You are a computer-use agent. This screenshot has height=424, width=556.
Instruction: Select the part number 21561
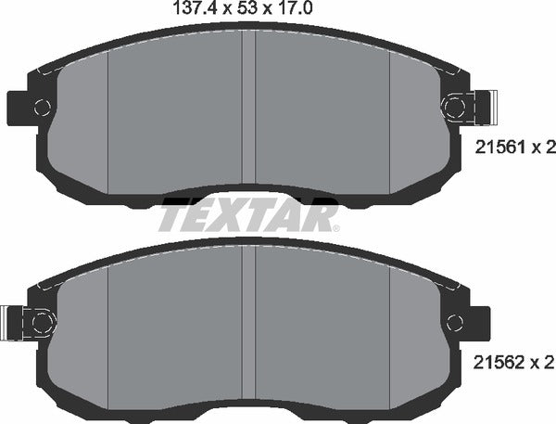click(494, 146)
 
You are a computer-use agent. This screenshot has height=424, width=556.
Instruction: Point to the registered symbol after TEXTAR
click(335, 227)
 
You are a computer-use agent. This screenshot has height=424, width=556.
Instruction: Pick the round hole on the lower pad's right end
click(454, 322)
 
